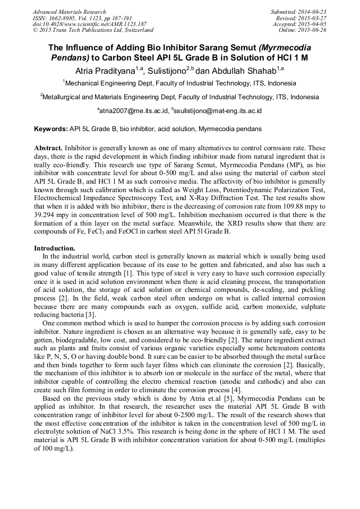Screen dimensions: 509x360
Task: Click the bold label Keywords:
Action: (50, 129)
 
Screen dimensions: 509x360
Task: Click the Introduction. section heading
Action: (55, 248)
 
